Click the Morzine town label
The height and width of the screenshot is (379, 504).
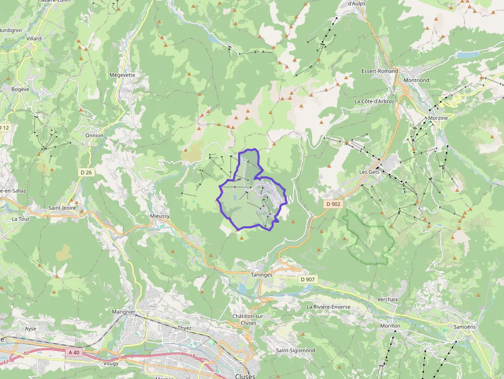pyautogui.click(x=438, y=118)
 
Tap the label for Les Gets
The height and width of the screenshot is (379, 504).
pyautogui.click(x=369, y=172)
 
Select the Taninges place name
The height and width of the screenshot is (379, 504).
pyautogui.click(x=262, y=275)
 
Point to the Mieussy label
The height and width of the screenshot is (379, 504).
pyautogui.click(x=159, y=216)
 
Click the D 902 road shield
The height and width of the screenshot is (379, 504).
pyautogui.click(x=333, y=204)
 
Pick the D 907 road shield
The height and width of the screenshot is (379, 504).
pyautogui.click(x=307, y=279)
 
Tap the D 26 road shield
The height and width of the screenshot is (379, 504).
pyautogui.click(x=86, y=172)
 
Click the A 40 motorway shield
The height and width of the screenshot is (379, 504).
pyautogui.click(x=74, y=352)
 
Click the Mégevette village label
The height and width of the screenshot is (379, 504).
pyautogui.click(x=122, y=75)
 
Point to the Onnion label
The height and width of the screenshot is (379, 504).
pyautogui.click(x=95, y=136)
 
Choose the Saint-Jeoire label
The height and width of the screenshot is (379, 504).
pyautogui.click(x=62, y=208)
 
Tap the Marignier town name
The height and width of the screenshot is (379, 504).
pyautogui.click(x=123, y=312)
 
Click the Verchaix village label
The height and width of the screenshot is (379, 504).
pyautogui.click(x=388, y=299)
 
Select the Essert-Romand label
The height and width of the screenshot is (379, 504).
pyautogui.click(x=380, y=71)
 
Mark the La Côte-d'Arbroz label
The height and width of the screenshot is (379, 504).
pyautogui.click(x=374, y=101)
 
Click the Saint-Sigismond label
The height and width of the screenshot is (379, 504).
pyautogui.click(x=295, y=350)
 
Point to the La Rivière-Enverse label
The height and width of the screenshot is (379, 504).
pyautogui.click(x=328, y=306)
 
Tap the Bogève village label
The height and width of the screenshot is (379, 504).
pyautogui.click(x=21, y=89)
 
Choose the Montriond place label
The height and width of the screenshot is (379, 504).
pyautogui.click(x=417, y=80)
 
